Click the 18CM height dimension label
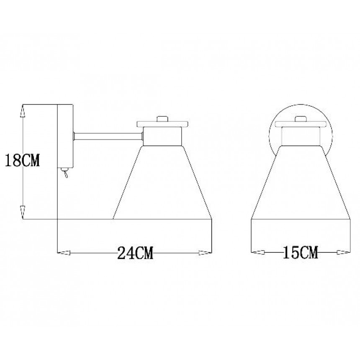pos(22,160)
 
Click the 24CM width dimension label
pos(135,253)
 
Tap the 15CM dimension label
pos(300,252)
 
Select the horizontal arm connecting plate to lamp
pos(108,136)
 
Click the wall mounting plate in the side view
pos(65,136)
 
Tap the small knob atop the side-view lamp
pos(162,119)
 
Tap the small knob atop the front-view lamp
pos(301,119)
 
